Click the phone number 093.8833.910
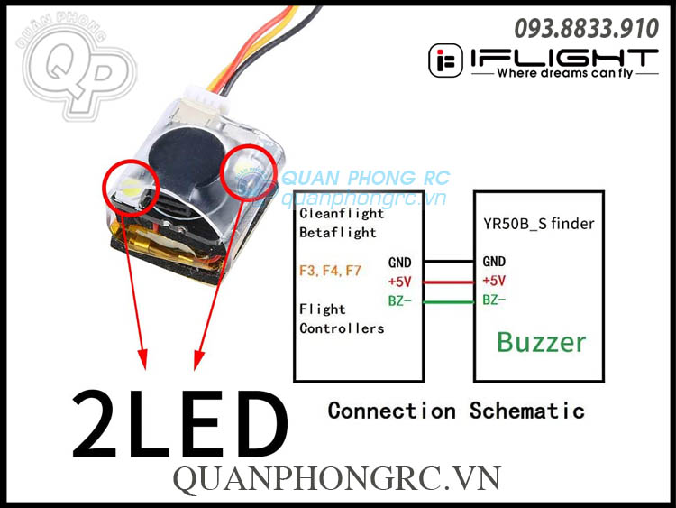point(587,28)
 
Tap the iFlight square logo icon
point(444,60)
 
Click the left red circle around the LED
point(131,183)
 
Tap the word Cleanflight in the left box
point(342,215)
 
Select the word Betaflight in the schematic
point(338,233)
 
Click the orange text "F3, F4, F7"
point(330,270)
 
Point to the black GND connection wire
point(449,262)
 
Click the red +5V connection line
point(449,281)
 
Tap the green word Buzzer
point(541,342)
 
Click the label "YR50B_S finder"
point(537,224)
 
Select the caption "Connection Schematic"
point(456,411)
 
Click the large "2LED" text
point(179,422)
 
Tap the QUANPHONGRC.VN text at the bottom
point(336,478)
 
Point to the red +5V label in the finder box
point(493,281)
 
